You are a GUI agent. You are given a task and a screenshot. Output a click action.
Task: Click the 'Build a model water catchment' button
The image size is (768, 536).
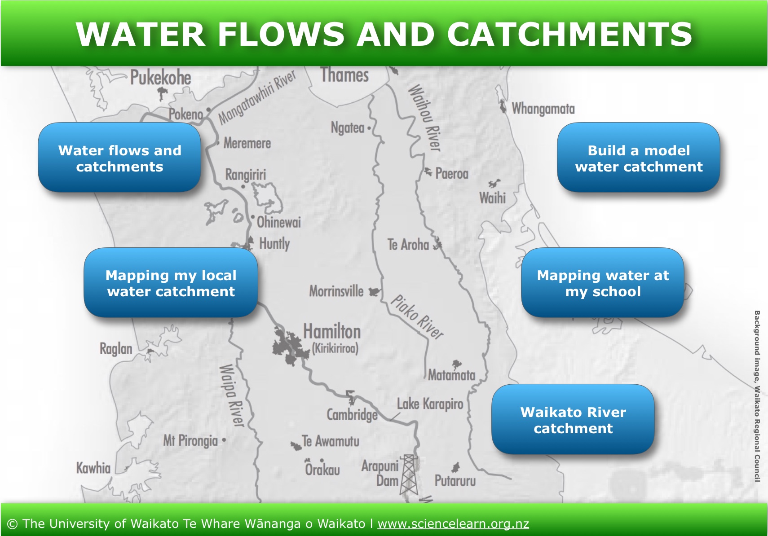pos(638,157)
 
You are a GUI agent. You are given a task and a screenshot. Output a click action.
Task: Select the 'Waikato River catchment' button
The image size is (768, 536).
pos(573,419)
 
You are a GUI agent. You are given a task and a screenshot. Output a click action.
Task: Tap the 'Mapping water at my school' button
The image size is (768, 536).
pos(602,282)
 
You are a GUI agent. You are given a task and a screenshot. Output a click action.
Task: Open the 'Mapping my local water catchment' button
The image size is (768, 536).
pos(171,282)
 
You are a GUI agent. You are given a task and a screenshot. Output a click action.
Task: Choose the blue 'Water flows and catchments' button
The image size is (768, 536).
pos(119,157)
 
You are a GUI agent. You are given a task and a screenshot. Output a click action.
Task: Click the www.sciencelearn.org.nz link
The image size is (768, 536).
pos(453,524)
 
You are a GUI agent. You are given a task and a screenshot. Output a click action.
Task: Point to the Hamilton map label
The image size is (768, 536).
pos(332,331)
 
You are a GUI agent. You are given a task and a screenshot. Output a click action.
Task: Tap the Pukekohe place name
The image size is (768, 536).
pos(160,78)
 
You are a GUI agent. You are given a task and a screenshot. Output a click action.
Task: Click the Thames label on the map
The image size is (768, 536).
pos(344,75)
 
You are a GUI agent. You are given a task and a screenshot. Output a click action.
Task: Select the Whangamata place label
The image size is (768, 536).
pos(543,109)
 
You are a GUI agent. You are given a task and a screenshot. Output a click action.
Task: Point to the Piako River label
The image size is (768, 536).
pos(417,317)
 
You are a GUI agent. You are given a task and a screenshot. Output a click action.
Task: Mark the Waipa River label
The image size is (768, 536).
pos(232,395)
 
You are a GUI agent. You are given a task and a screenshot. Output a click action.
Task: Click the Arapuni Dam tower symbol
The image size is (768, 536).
pos(409,474)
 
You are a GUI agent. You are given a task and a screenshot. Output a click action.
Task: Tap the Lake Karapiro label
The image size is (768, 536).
pos(430,404)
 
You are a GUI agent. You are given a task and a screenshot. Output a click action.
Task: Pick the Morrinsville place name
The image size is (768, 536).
pos(336,291)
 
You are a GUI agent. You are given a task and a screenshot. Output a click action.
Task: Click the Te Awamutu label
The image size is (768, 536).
pos(331,441)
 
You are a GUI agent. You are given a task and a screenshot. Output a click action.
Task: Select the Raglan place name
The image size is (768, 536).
pos(116,349)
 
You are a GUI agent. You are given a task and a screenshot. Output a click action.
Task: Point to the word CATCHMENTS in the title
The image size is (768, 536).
pos(569,34)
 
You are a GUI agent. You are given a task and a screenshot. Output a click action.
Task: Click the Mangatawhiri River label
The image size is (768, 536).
pos(257,98)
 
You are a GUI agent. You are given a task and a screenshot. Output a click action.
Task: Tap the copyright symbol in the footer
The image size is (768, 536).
pos(12,524)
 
